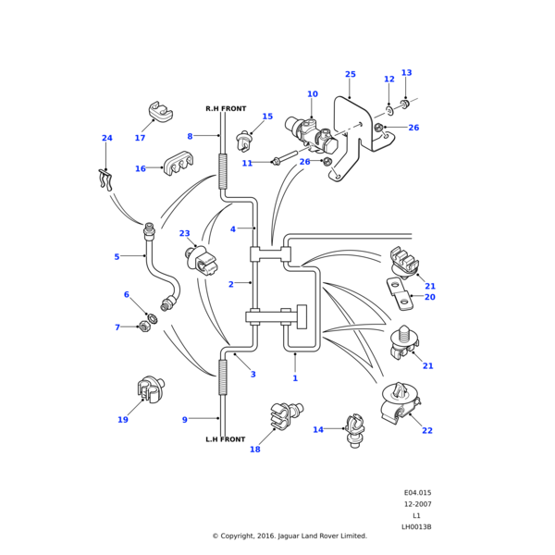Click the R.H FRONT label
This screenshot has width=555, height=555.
225,109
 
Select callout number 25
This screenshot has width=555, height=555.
350,74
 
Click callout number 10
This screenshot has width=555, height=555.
312,94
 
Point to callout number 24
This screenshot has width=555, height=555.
106,139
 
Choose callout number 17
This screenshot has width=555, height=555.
140,138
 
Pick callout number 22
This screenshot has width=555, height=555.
427,430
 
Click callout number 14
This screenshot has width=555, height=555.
318,429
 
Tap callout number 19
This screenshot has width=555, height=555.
122,420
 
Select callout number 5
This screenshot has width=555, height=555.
117,256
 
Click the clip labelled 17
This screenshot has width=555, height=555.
161,113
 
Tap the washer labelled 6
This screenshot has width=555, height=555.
153,319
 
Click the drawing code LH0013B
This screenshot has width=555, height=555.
416,526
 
